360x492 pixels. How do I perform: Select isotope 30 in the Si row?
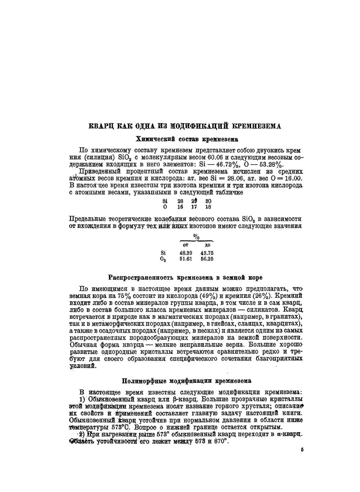coord(208,201)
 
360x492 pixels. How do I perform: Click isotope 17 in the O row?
coord(194,207)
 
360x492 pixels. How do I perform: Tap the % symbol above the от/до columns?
coord(197,237)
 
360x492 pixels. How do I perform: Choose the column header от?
coord(186,245)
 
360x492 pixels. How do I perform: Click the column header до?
coord(207,245)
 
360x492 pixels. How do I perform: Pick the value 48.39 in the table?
coord(186,253)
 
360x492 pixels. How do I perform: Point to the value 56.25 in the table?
coord(207,259)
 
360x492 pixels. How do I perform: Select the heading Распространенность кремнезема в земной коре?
coord(185,278)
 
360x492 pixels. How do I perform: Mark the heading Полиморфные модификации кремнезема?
coord(186,381)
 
